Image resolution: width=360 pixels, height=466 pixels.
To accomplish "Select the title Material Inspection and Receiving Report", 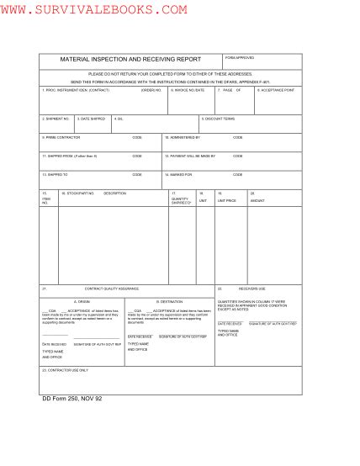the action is [130, 60].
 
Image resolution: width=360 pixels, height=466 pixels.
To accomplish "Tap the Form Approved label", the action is [240, 57].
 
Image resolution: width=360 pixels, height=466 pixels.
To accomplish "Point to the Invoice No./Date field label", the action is [188, 89].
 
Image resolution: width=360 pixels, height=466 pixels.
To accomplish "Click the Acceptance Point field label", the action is [277, 89].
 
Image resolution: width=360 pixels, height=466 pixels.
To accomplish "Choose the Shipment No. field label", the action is [56, 119].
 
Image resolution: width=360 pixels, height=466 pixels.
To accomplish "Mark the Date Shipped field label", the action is [93, 119].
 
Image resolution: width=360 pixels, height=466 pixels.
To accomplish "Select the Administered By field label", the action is [183, 136].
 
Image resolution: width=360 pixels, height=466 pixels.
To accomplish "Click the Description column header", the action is [114, 193].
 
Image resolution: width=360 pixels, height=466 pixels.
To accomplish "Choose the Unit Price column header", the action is [227, 201].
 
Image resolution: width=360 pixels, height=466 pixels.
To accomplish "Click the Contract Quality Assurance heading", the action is [111, 289].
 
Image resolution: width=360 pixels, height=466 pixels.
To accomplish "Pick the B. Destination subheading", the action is [168, 300].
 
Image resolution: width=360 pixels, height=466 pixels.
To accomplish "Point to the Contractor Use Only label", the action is [65, 369].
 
